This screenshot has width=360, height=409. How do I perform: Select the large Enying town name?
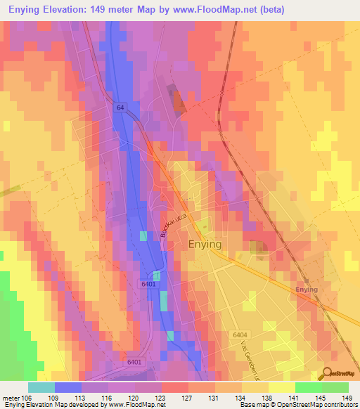[205, 244]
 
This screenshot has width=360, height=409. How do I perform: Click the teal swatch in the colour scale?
[41, 387]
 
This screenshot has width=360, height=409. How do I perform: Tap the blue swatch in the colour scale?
[68, 387]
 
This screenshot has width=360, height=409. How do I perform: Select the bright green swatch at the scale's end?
[335, 387]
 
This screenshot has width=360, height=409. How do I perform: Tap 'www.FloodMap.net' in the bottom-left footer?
[136, 405]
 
